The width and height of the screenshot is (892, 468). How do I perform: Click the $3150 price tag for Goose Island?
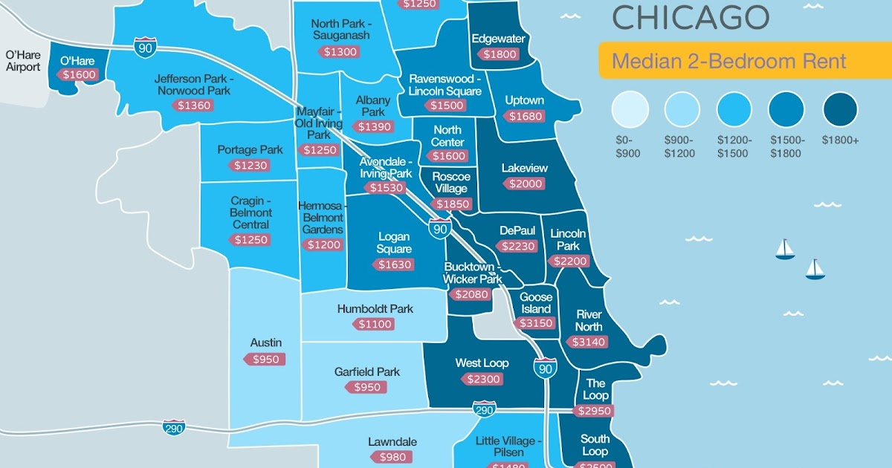tap(534, 323)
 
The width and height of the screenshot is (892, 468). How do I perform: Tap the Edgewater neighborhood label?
tap(498, 39)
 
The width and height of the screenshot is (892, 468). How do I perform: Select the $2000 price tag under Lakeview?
tap(525, 183)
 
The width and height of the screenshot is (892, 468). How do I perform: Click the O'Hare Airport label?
tap(23, 61)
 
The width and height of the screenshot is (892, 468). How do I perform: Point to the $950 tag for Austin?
tap(265, 360)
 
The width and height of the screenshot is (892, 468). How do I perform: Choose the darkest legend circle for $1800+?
tap(840, 110)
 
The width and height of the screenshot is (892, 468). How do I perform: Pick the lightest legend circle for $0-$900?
tap(630, 110)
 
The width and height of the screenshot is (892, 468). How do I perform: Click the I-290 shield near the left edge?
tap(174, 428)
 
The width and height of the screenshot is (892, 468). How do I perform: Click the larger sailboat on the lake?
tap(784, 249)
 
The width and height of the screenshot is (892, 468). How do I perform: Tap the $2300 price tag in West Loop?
tap(483, 379)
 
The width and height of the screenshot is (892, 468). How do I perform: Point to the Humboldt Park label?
tap(375, 308)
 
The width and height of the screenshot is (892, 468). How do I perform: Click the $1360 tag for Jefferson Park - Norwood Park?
tap(194, 105)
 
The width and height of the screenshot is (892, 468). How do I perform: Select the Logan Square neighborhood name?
tap(394, 243)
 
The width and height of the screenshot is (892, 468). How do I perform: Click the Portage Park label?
tap(250, 149)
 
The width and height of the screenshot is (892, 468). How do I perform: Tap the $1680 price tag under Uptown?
tap(525, 116)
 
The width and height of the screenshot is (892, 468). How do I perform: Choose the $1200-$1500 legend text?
tap(734, 146)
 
